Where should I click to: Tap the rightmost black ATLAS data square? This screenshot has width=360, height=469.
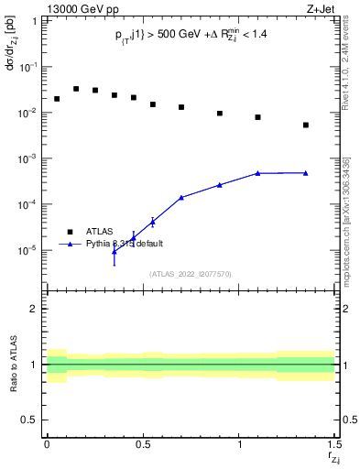[306, 125]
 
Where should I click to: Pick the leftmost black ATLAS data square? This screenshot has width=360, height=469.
[57, 99]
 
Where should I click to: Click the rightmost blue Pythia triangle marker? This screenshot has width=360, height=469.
[306, 172]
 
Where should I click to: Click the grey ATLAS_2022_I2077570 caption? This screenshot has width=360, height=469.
[191, 274]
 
